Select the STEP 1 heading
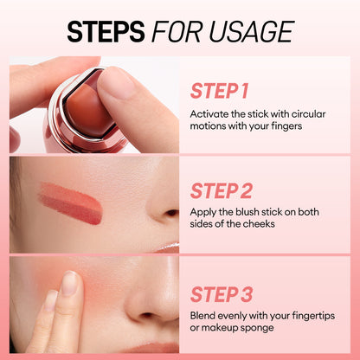click(219, 91)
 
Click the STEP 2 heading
click(221, 190)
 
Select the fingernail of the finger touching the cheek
click(69, 284)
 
